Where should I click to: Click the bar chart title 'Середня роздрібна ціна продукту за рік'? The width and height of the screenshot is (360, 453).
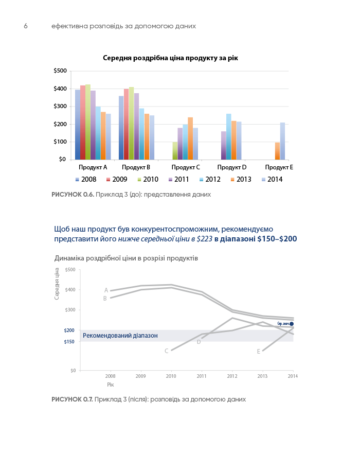coord(170,58)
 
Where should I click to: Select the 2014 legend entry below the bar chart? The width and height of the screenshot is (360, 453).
coord(272,180)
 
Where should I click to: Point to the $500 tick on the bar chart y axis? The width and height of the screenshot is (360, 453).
coord(60,71)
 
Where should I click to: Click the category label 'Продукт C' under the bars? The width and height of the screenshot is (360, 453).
coord(185,168)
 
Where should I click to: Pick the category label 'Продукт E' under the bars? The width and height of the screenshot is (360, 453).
coord(279,168)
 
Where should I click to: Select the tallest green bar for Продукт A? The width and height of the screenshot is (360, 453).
coord(88,122)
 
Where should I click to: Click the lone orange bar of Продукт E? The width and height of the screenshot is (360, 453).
coord(277,151)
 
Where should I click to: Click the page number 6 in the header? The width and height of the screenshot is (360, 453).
coord(25,26)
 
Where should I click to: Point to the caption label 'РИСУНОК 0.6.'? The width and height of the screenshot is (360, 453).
coord(73,195)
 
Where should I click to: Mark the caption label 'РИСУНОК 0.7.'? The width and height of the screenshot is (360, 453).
coord(73,399)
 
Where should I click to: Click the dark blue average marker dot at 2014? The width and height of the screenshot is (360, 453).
coord(291,324)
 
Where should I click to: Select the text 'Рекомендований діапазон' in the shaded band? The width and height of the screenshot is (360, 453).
coord(120,336)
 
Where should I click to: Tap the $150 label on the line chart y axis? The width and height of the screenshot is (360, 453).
coord(69,342)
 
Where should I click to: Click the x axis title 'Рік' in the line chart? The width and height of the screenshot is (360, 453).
coord(110,384)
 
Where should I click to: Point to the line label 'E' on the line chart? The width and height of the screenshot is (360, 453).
coord(259,352)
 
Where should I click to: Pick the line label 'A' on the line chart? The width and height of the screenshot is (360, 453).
coord(106,290)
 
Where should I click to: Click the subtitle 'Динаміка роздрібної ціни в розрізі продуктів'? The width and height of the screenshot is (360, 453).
coord(125,258)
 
